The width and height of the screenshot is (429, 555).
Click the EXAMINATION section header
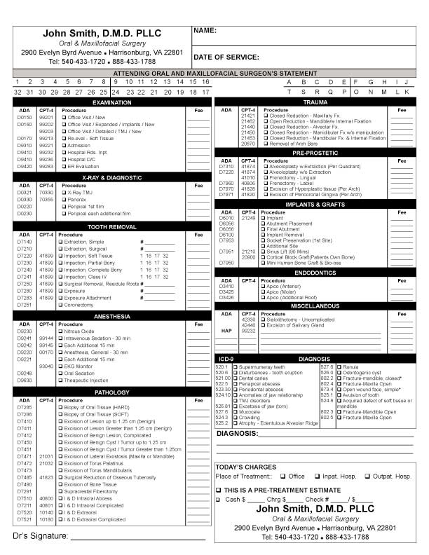point(112,102)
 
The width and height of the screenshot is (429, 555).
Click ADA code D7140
point(25,242)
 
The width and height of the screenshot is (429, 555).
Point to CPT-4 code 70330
point(46,192)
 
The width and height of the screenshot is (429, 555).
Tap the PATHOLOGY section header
point(112,392)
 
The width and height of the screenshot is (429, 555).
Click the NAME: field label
point(205,32)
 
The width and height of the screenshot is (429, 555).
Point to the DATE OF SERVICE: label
point(226,57)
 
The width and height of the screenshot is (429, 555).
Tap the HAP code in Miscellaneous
point(226,331)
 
